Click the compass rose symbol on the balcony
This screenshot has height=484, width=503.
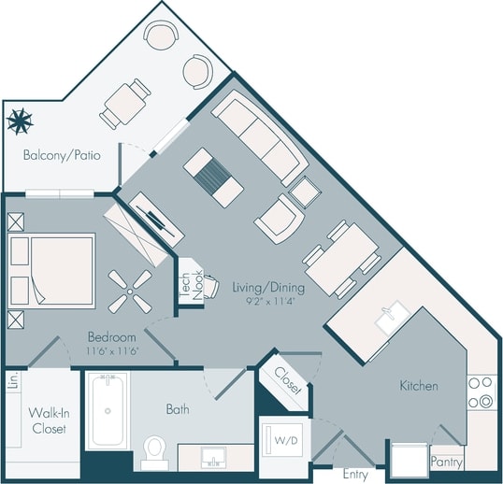point(20,121)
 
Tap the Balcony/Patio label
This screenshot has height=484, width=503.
point(62,154)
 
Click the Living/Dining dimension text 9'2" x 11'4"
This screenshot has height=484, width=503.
point(263,301)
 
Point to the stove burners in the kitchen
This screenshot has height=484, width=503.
point(480,392)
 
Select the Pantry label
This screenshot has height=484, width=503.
point(448,462)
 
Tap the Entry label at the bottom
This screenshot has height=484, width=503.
point(355,476)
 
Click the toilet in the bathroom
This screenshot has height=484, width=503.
point(154,453)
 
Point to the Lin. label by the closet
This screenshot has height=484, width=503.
point(12,380)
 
